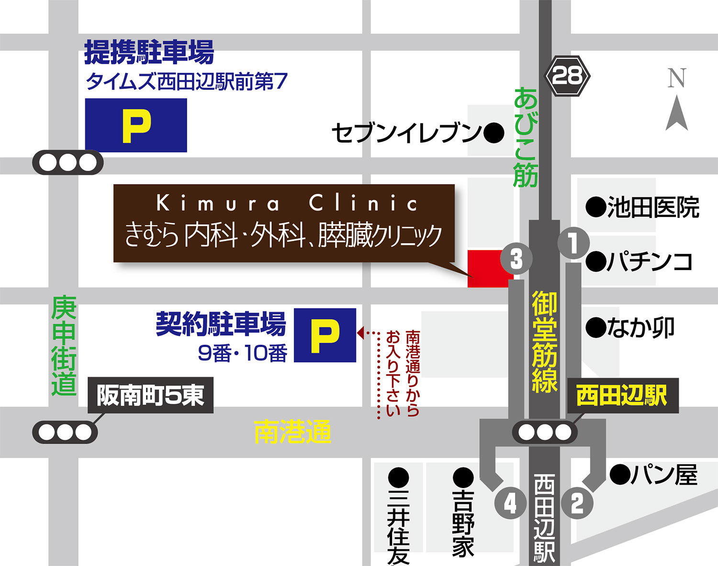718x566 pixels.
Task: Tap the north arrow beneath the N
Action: tap(677, 114)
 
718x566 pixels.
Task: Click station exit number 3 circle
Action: tap(516, 259)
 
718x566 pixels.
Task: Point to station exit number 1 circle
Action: tap(573, 243)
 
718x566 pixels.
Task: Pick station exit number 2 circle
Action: tap(577, 503)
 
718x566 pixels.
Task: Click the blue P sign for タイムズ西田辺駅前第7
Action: tap(136, 126)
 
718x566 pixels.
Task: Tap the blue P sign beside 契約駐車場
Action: tap(325, 335)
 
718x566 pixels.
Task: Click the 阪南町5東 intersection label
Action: tap(151, 395)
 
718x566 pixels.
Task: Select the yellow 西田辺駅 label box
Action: tap(622, 396)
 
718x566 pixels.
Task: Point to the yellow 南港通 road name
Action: tap(292, 432)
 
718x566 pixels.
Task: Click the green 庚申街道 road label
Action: tap(64, 346)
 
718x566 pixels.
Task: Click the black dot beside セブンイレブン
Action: tap(494, 133)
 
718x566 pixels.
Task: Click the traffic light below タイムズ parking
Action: tap(67, 163)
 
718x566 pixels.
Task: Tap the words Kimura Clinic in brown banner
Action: tap(287, 203)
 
